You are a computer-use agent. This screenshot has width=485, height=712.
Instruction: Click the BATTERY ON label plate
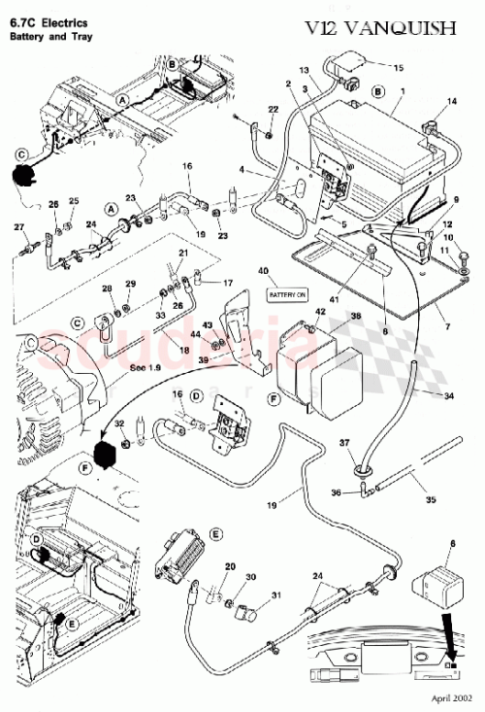(x=286, y=293)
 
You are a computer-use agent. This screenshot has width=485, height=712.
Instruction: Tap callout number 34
(x=448, y=396)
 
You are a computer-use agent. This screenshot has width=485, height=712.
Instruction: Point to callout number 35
(x=432, y=503)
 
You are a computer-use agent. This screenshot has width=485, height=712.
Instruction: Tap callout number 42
(x=319, y=312)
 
